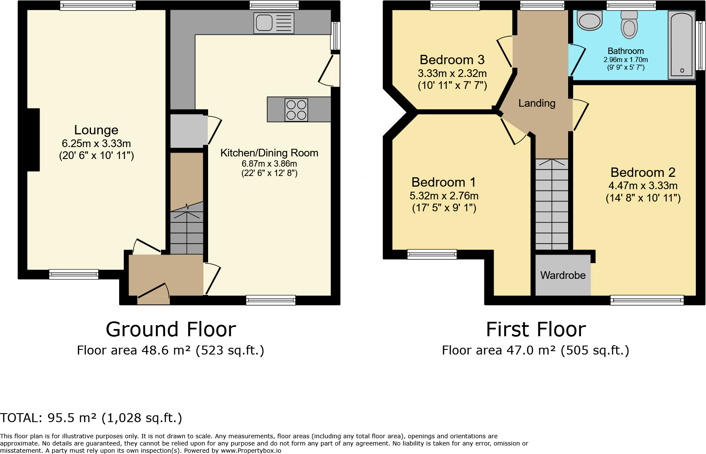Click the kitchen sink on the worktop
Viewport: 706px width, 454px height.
[274, 23]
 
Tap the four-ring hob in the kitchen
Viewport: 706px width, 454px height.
[296, 110]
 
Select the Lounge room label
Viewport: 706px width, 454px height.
[96, 130]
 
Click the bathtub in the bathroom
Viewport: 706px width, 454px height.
[681, 45]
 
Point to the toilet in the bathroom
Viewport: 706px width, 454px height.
[629, 25]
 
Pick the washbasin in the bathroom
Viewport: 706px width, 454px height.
[590, 20]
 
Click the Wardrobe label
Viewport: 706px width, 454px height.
[563, 275]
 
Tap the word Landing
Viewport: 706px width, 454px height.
[537, 103]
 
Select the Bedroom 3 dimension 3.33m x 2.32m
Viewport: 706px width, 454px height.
[452, 74]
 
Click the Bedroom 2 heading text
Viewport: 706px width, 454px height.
[643, 173]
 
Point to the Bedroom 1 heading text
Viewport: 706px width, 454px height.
[443, 182]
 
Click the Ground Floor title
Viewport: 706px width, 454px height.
[171, 329]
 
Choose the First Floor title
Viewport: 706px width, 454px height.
[536, 329]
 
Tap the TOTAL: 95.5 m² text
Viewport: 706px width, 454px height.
[91, 418]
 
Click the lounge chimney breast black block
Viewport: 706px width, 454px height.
[34, 140]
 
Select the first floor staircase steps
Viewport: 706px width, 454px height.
[552, 204]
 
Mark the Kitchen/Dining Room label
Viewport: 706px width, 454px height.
[269, 153]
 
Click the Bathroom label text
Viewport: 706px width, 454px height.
[626, 51]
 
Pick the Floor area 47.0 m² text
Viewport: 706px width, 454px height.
[535, 350]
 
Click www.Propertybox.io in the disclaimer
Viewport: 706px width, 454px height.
[251, 451]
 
